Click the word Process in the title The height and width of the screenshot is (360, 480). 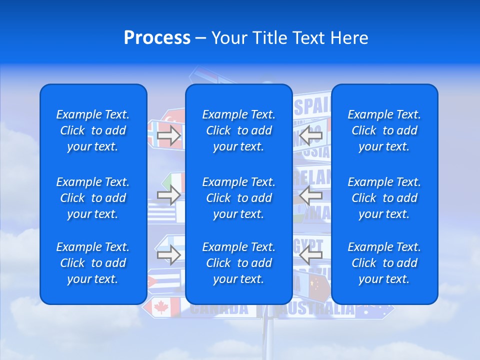(x=157, y=38)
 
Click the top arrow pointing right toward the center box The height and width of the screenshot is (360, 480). (x=169, y=135)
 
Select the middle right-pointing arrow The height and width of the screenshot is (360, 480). (x=169, y=195)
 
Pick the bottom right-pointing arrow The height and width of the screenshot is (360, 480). (x=169, y=255)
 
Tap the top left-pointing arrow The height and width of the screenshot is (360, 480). (x=310, y=135)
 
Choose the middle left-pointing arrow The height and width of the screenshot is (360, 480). (x=310, y=195)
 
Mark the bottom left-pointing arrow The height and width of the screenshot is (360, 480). (x=310, y=255)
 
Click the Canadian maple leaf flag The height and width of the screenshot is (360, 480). (x=161, y=307)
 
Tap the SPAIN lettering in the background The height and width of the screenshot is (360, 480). (x=312, y=106)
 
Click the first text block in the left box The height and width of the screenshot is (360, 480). (x=93, y=130)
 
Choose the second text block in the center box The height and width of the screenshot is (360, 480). (x=238, y=198)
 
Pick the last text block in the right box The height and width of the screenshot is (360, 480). (x=384, y=263)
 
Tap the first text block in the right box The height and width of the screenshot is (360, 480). (x=384, y=130)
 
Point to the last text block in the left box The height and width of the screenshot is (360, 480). (x=93, y=263)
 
